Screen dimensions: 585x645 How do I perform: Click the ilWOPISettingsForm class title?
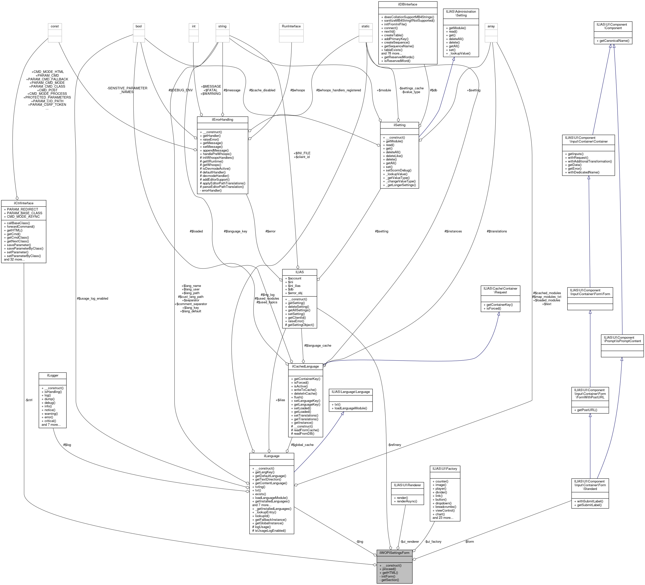pos(394,553)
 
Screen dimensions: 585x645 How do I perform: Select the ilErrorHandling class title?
pos(222,119)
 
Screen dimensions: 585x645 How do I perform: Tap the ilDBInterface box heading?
pos(408,4)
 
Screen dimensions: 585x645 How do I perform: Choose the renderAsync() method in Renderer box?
pos(407,501)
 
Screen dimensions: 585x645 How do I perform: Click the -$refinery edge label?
pos(394,445)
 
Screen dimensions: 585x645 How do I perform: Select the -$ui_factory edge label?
pos(433,541)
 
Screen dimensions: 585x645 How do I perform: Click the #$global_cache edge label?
pos(302,445)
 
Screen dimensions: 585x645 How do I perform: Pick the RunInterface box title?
pos(291,26)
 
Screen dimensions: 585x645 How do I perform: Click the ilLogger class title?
pos(53,375)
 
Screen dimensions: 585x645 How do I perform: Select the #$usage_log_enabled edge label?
pos(92,299)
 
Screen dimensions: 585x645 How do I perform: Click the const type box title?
pos(55,26)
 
